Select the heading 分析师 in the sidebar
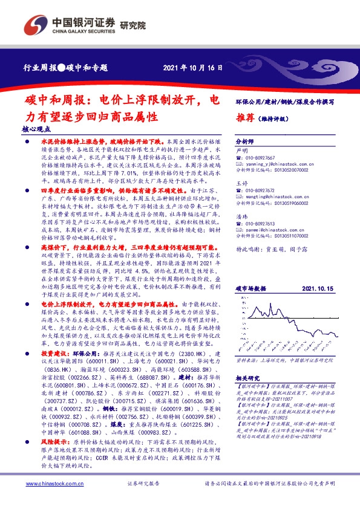pyautogui.click(x=244, y=138)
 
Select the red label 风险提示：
pyautogui.click(x=54, y=459)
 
